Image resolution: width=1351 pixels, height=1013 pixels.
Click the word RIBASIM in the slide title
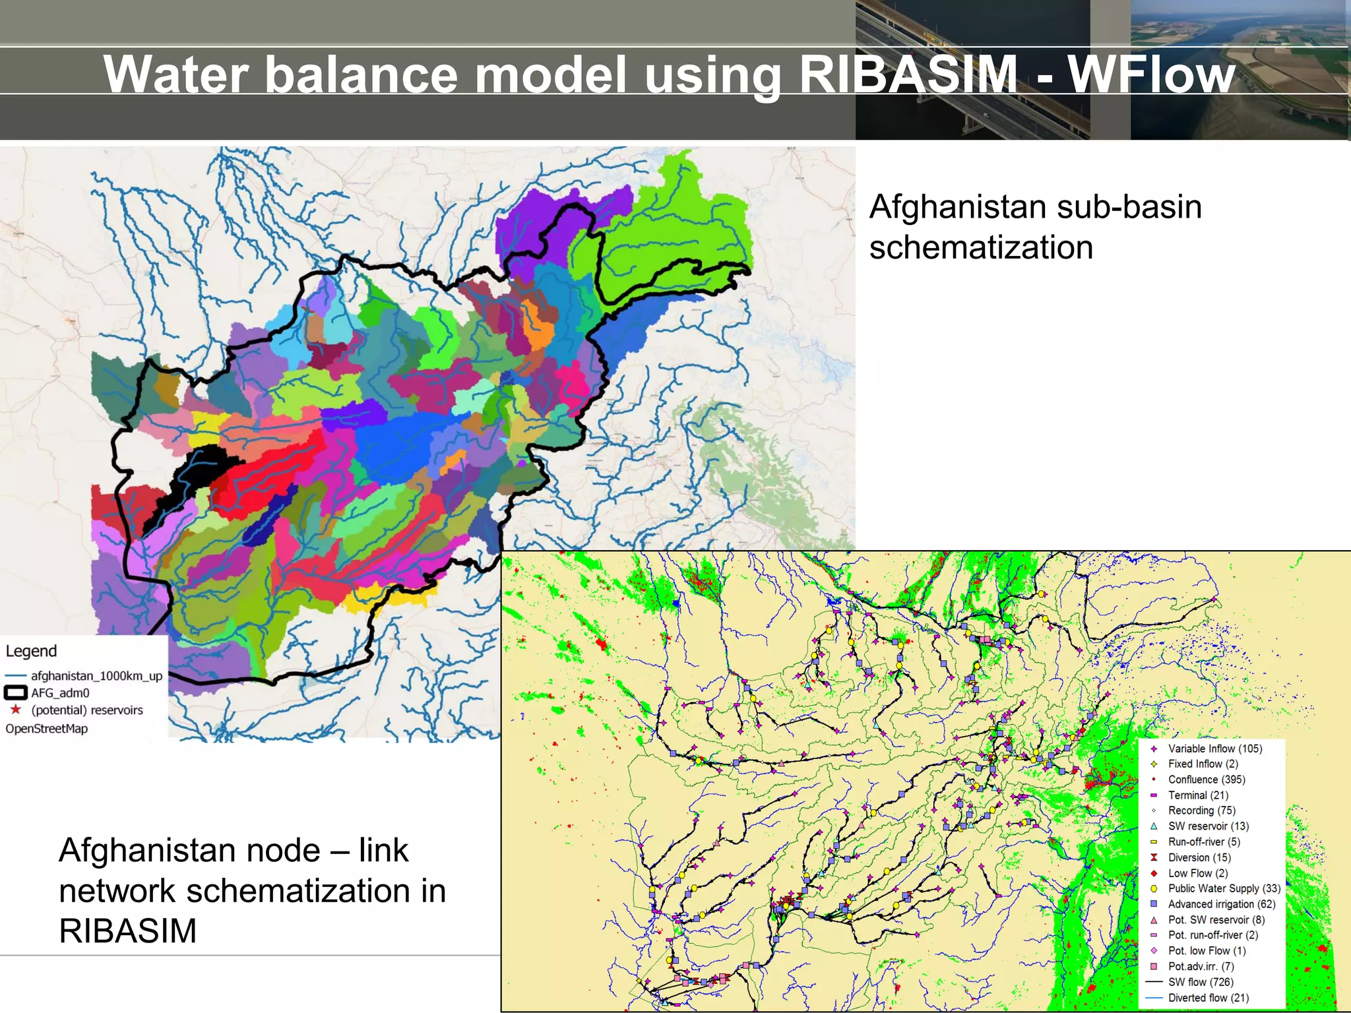(x=909, y=75)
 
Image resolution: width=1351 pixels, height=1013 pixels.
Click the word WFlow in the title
(x=1151, y=75)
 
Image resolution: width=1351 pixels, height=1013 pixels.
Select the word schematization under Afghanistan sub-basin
(x=981, y=248)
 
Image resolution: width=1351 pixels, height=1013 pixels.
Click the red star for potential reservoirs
(x=16, y=710)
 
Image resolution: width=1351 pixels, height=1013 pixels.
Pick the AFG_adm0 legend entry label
(x=60, y=692)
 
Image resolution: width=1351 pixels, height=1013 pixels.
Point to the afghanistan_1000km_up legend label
(x=96, y=675)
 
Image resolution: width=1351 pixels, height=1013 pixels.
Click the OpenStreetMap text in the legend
(x=46, y=728)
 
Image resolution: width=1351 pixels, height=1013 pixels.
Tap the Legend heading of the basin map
(x=31, y=651)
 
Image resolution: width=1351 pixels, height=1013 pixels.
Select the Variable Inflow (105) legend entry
(x=1214, y=749)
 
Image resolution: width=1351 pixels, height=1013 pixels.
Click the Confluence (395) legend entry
(x=1206, y=780)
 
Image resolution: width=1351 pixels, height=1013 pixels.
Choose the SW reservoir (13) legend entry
(x=1208, y=826)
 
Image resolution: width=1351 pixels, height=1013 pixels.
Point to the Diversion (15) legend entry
(x=1199, y=857)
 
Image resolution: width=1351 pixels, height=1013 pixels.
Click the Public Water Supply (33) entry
(x=1224, y=888)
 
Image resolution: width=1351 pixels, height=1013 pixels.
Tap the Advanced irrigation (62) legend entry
(x=1221, y=904)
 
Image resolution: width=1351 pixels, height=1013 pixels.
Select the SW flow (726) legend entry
(x=1201, y=982)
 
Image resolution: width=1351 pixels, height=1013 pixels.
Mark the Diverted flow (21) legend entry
(x=1208, y=998)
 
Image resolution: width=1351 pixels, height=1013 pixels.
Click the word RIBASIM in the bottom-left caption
(x=128, y=931)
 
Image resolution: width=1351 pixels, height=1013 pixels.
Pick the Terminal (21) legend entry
(x=1198, y=795)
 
